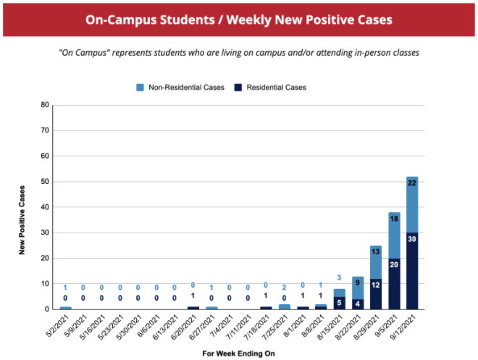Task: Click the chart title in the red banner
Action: click(239, 19)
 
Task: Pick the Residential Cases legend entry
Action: click(269, 88)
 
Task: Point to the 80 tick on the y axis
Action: click(45, 105)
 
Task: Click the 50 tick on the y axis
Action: click(45, 182)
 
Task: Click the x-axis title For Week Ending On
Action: click(239, 353)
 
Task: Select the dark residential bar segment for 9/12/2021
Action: click(412, 271)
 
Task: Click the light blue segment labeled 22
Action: click(412, 204)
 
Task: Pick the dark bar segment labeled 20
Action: click(394, 283)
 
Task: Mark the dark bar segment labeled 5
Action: click(339, 303)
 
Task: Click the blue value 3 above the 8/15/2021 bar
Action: click(339, 277)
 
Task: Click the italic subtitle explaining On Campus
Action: click(239, 53)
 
